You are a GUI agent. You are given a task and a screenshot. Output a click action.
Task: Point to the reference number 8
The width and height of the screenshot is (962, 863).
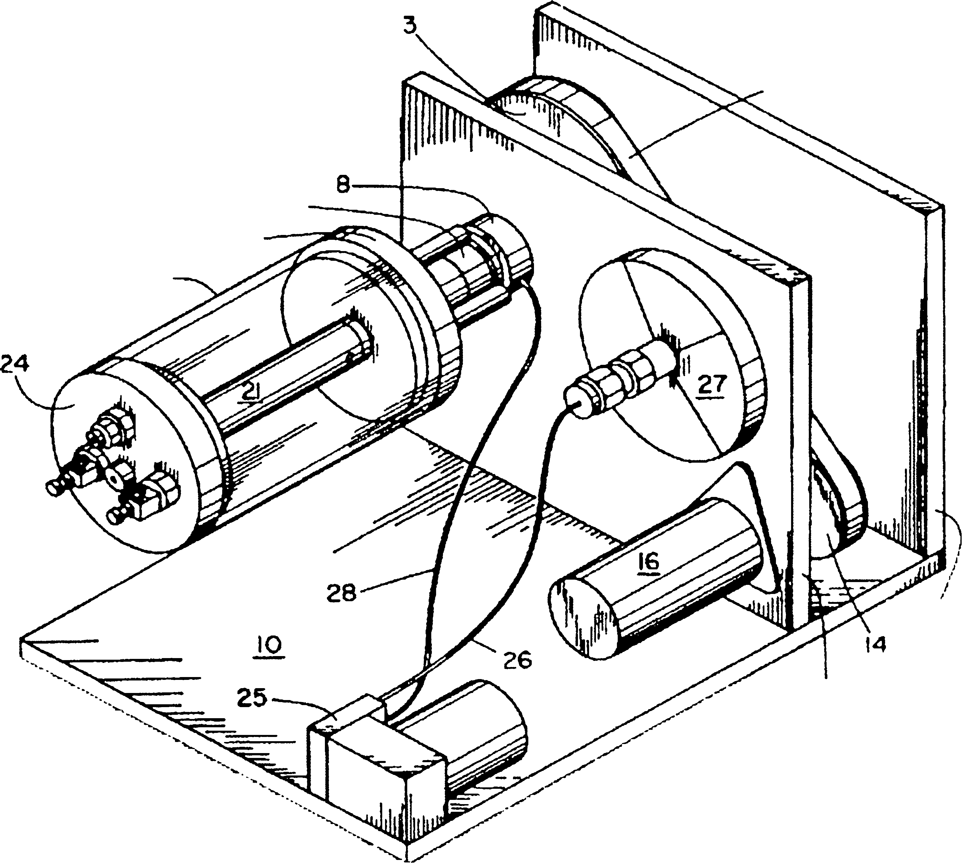(x=343, y=185)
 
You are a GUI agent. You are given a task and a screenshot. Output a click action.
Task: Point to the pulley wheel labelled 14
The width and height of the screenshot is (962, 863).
(x=835, y=526)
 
